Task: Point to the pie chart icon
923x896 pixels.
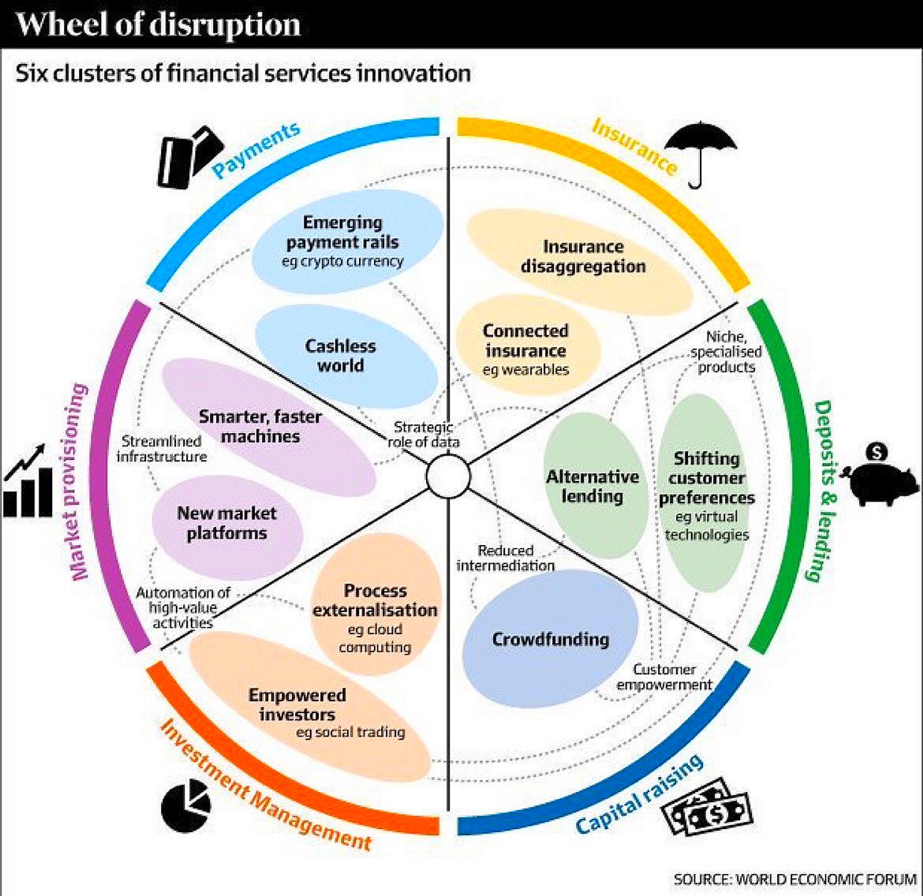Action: click(186, 804)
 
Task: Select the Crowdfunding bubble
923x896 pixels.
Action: click(550, 639)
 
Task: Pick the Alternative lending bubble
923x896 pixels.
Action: click(592, 486)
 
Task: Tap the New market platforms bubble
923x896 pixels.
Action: click(226, 523)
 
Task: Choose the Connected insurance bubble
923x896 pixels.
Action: click(526, 347)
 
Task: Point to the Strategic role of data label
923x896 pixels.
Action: click(424, 435)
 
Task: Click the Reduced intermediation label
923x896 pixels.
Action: click(506, 558)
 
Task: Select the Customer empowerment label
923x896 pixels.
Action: click(664, 678)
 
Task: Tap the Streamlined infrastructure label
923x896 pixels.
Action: click(163, 449)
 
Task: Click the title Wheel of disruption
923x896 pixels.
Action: click(158, 24)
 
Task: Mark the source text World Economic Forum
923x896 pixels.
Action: click(795, 879)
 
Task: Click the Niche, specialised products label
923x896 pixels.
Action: click(727, 352)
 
